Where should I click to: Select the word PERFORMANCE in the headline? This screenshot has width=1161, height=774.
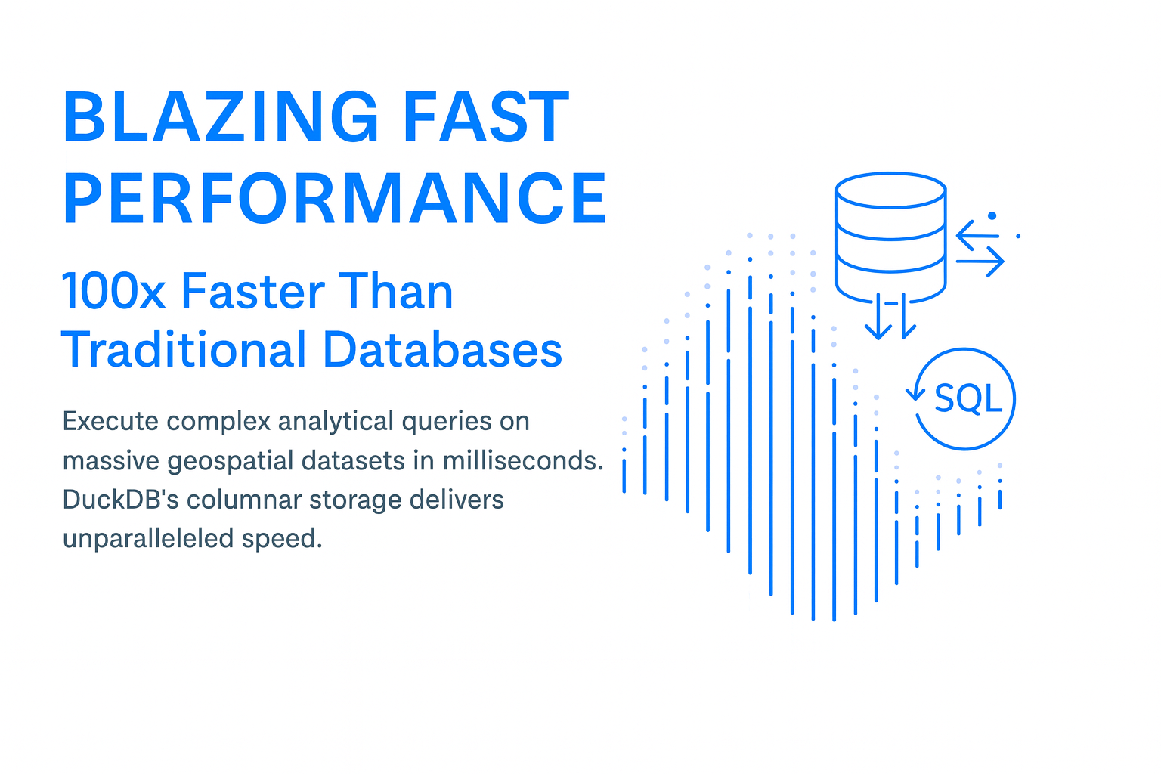point(335,198)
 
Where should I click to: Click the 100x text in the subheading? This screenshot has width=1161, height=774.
point(113,292)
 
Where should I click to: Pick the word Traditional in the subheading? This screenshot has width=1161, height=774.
point(184,350)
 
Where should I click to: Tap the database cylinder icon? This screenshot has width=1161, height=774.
point(890,234)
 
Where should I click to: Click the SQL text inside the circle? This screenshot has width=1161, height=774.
point(967,398)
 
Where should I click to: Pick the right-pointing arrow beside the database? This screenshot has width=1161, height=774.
point(980,262)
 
